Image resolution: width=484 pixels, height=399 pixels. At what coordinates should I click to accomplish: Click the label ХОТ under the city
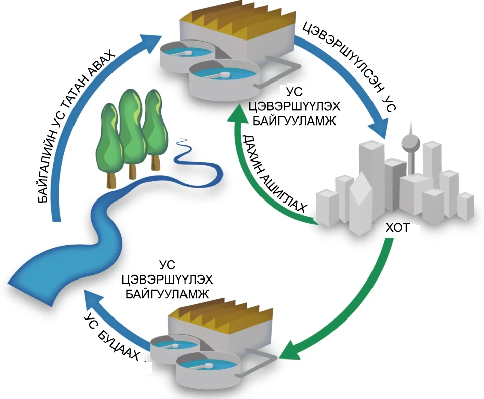coord(397,228)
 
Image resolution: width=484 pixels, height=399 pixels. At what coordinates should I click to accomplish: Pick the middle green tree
coord(131,127)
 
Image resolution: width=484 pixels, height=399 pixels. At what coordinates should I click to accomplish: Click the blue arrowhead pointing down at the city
coord(378,129)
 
